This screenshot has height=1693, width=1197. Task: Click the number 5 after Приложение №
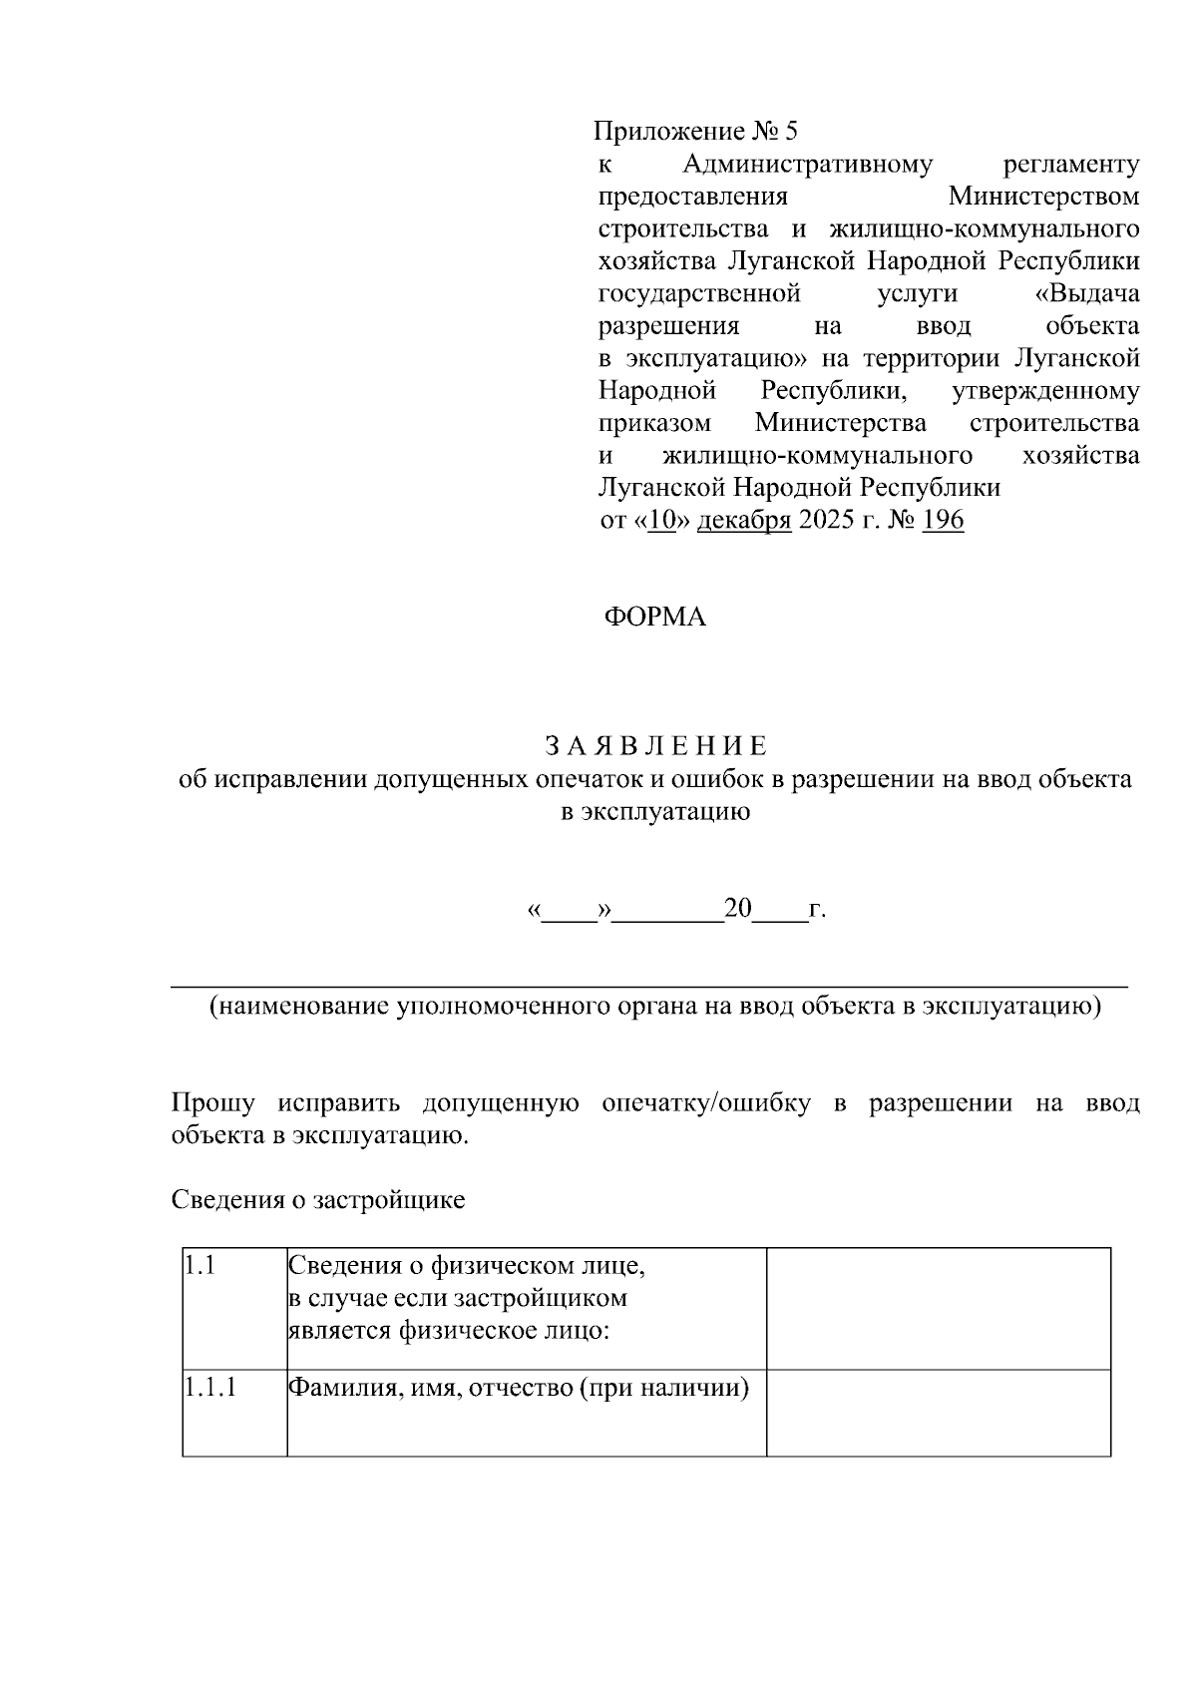792,132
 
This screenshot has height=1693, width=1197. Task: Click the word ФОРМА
654,618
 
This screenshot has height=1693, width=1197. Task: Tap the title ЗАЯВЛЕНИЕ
655,746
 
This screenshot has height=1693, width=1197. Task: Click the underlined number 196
943,521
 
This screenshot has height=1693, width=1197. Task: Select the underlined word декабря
743,521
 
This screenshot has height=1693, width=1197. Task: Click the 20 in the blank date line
738,909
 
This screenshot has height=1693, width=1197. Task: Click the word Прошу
212,1103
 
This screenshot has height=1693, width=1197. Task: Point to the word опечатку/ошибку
705,1103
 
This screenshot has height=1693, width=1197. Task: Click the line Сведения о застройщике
318,1199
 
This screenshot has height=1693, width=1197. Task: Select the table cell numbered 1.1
234,1307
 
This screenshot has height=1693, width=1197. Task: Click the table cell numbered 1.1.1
234,1412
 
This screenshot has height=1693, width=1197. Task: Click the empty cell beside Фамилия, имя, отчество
938,1412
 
